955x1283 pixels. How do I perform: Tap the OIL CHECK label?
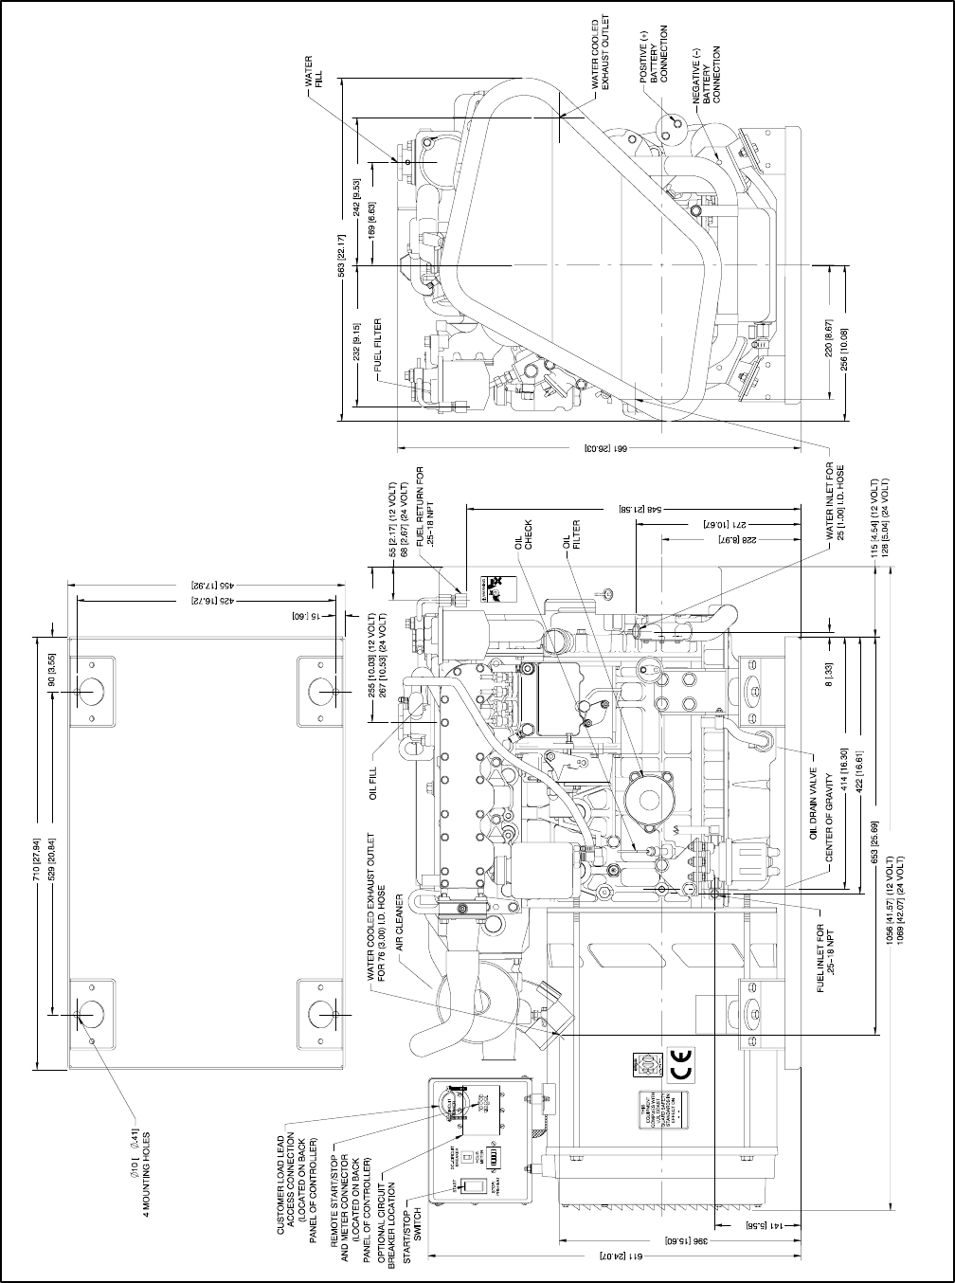(523, 535)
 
